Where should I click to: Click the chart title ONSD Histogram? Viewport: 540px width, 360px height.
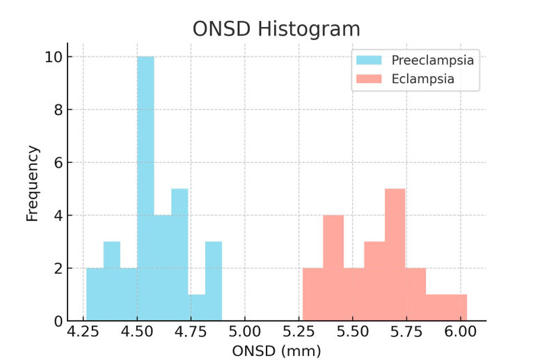[276, 29]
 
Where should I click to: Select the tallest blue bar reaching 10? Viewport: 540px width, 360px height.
[145, 188]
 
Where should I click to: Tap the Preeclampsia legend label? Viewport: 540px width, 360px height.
[432, 61]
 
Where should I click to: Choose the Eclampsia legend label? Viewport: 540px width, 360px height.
[422, 79]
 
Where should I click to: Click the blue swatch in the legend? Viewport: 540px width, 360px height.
[370, 61]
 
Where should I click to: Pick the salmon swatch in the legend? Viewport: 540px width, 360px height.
[370, 79]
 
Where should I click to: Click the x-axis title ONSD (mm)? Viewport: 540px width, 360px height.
[276, 351]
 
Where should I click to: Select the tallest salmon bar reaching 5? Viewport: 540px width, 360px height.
[395, 254]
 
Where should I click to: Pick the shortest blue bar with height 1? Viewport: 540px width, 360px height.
[196, 307]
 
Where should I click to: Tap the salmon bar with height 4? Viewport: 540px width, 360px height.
[333, 267]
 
